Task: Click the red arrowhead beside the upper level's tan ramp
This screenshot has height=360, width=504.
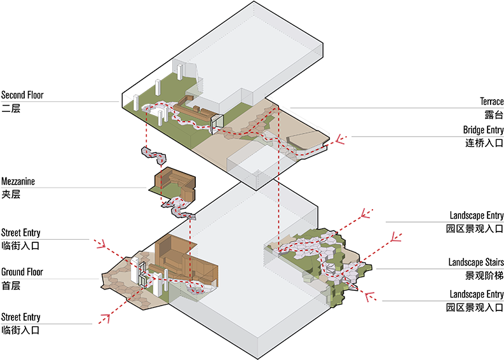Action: [x=341, y=139]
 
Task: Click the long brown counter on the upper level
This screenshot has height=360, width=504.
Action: [x=191, y=111]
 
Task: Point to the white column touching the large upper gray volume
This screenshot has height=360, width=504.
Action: [x=180, y=71]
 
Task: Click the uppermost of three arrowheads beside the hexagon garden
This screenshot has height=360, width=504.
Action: [x=365, y=216]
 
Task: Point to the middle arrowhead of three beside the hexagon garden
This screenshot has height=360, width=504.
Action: [x=395, y=239]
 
